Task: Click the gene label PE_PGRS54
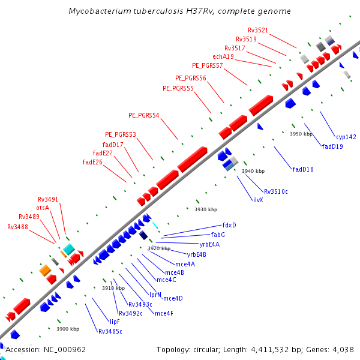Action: [x=144, y=115]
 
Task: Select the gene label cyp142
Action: [x=346, y=137]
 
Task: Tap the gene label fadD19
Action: [x=332, y=146]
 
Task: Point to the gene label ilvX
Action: [x=258, y=200]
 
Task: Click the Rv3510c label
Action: [x=276, y=191]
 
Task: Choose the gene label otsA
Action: [x=43, y=208]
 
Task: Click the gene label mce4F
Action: [x=164, y=313]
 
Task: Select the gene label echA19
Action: [x=223, y=56]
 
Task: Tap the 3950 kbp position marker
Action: [x=301, y=134]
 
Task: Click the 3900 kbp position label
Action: [x=68, y=329]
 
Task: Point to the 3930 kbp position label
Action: [x=206, y=209]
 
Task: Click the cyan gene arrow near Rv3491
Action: [x=69, y=248]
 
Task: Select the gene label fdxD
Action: [x=229, y=225]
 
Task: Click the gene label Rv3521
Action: [x=258, y=30]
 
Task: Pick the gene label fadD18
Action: [x=303, y=169]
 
